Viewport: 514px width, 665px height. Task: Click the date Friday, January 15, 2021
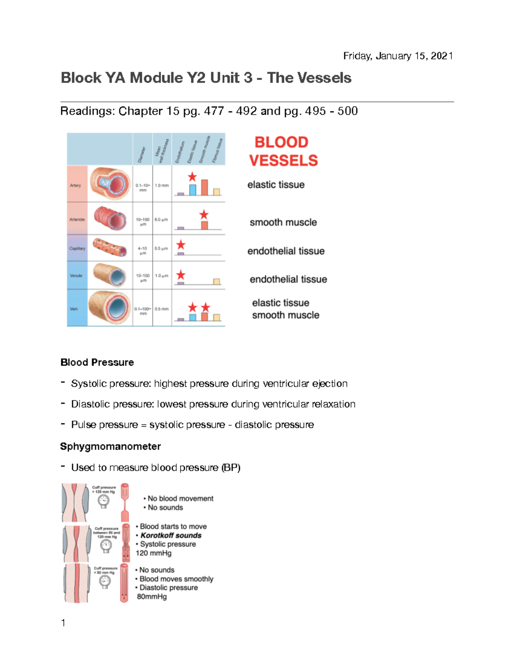pyautogui.click(x=398, y=56)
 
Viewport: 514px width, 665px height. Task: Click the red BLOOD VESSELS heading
pyautogui.click(x=283, y=152)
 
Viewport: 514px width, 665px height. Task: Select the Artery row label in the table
pyautogui.click(x=75, y=185)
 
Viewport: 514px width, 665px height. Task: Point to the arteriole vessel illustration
pyautogui.click(x=111, y=218)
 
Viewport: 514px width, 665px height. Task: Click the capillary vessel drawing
pyautogui.click(x=110, y=248)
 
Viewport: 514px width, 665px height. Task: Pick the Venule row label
pyautogui.click(x=76, y=276)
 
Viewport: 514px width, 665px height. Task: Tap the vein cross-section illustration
pyautogui.click(x=110, y=307)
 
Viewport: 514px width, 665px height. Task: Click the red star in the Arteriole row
pyautogui.click(x=204, y=215)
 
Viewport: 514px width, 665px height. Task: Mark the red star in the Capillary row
pyautogui.click(x=181, y=245)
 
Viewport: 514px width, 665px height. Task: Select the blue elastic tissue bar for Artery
pyautogui.click(x=193, y=190)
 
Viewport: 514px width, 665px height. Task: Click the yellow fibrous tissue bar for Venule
pyautogui.click(x=217, y=281)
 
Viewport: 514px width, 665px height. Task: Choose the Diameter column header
pyautogui.click(x=142, y=154)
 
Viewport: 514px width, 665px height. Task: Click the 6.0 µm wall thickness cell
pyautogui.click(x=161, y=220)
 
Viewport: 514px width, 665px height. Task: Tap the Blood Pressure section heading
pyautogui.click(x=97, y=363)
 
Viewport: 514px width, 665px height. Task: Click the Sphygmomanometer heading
pyautogui.click(x=111, y=447)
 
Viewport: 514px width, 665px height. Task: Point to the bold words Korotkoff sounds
pyautogui.click(x=171, y=535)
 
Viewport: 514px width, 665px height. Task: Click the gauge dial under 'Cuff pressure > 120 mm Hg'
pyautogui.click(x=103, y=501)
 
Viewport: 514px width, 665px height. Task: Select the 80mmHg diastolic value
pyautogui.click(x=152, y=596)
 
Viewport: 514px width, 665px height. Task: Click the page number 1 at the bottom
pyautogui.click(x=63, y=623)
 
